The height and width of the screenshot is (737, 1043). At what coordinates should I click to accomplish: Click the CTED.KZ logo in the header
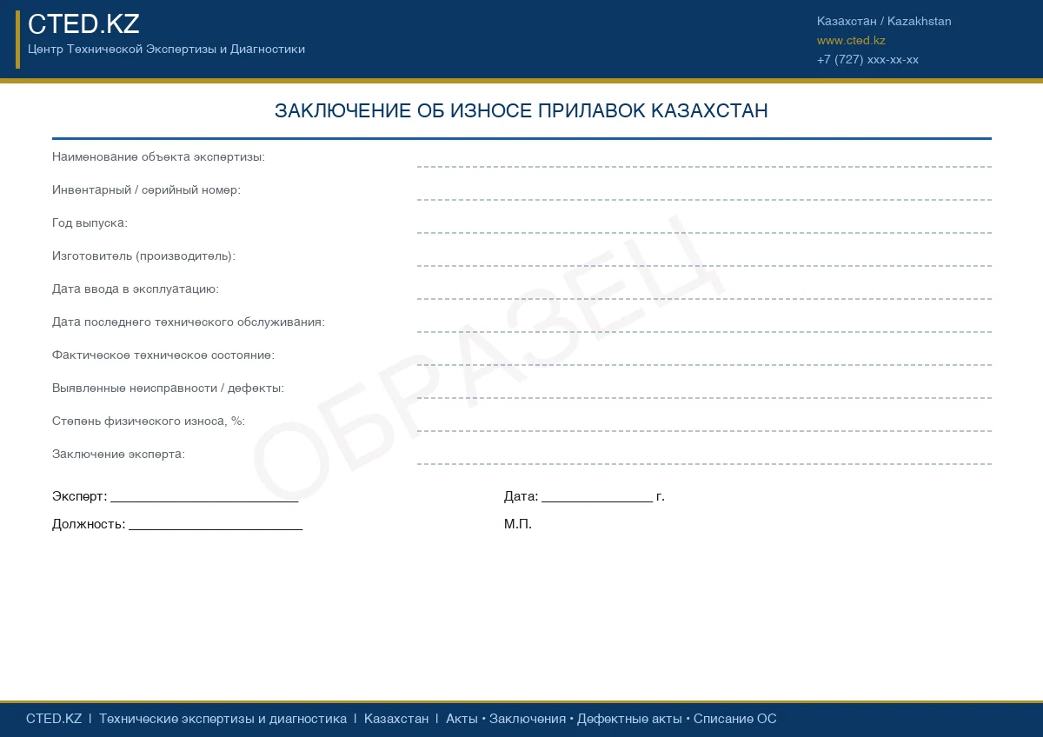pos(83,24)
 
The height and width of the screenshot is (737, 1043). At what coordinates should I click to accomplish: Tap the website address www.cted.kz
pos(851,41)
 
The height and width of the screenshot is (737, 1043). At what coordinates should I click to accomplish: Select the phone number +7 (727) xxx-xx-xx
pos(867,60)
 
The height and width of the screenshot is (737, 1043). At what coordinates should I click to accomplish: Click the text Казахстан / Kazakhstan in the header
pos(884,21)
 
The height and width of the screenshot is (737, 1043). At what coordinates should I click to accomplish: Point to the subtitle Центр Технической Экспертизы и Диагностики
pos(166,50)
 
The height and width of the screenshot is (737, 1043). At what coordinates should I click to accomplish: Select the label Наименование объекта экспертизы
pos(158,157)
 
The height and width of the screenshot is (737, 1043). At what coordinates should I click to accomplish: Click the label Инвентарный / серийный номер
pos(146,190)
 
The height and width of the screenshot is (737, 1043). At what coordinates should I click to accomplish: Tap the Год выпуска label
pos(90,223)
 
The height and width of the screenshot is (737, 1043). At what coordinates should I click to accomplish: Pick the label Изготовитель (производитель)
pos(143,256)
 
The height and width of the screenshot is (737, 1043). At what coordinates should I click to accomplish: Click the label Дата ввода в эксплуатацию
pos(136,289)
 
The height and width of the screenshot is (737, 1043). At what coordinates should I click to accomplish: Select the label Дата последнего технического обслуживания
pos(188,322)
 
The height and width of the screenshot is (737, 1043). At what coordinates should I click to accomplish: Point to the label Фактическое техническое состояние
pos(163,355)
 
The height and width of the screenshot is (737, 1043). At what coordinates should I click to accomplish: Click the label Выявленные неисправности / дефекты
pos(168,388)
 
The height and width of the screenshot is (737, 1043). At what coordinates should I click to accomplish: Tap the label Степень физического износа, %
pos(148,422)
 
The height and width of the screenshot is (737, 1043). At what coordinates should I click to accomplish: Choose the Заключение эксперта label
pos(118,455)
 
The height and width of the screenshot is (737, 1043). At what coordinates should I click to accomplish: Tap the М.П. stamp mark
pos(518,524)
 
